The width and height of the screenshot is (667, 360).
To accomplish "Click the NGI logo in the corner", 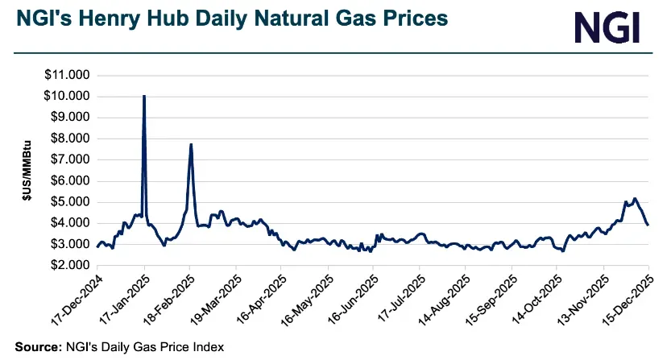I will [x=607, y=27].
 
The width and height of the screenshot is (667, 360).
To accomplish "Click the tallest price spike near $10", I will [x=143, y=97].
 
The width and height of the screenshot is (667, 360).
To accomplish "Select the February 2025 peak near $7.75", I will [x=190, y=145].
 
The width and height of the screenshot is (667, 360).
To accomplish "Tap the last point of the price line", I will [x=648, y=225].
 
